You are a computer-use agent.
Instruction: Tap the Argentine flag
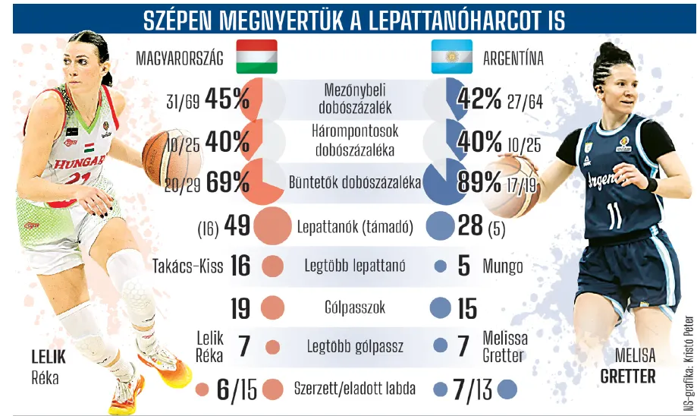451,56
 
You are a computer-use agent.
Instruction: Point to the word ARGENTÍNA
513,58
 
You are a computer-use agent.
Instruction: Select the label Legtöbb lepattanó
355,266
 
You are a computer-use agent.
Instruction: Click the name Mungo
502,266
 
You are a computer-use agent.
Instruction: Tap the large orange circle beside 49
272,226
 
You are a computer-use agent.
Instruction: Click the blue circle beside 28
440,225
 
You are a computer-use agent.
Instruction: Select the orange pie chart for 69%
262,182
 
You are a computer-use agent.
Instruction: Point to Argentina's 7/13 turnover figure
472,389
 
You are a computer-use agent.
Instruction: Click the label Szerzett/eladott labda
355,389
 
